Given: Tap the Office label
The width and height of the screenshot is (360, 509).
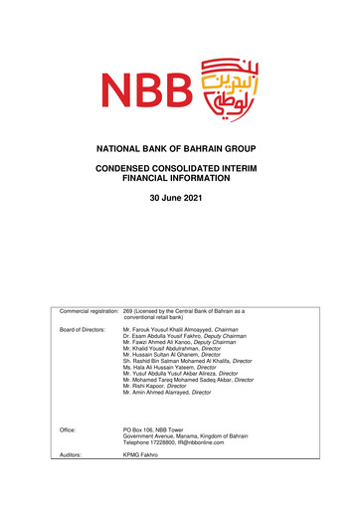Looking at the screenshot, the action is click(x=69, y=427).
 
